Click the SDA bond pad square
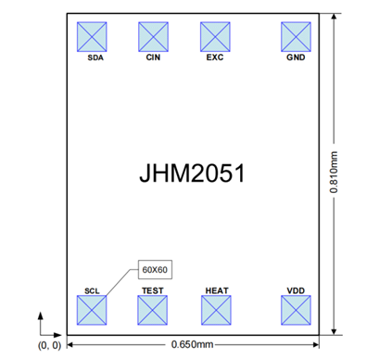pyautogui.click(x=92, y=37)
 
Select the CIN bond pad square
pyautogui.click(x=153, y=37)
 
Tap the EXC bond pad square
pyautogui.click(x=215, y=37)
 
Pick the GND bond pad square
pyautogui.click(x=296, y=37)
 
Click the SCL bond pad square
pyautogui.click(x=92, y=310)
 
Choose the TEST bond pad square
pyautogui.click(x=153, y=310)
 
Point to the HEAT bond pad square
pyautogui.click(x=216, y=310)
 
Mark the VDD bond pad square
pyautogui.click(x=296, y=310)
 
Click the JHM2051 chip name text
pyautogui.click(x=192, y=174)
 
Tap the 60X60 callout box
pyautogui.click(x=155, y=270)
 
